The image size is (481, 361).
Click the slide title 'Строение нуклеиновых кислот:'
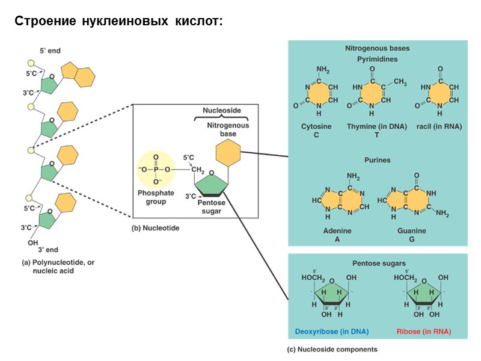(118, 22)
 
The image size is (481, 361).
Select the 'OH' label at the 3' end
(32, 243)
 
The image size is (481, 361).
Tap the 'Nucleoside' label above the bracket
(221, 111)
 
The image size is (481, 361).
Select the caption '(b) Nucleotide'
(155, 228)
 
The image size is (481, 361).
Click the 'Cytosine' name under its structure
(316, 127)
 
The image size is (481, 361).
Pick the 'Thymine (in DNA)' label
(376, 127)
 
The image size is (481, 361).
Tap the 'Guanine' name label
(411, 230)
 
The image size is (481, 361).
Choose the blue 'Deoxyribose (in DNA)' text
(331, 332)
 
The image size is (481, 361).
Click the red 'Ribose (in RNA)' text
(423, 332)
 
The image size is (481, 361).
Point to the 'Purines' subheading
(377, 160)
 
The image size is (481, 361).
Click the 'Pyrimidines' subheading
(377, 59)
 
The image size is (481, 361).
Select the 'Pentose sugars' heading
(378, 264)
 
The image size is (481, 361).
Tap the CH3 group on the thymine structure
(400, 82)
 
